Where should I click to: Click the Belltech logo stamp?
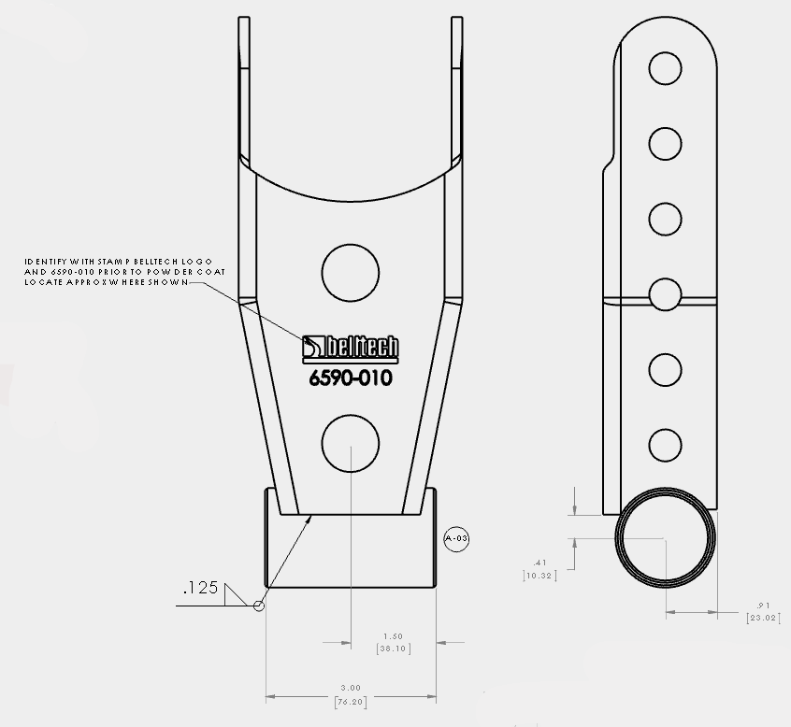[x=351, y=347]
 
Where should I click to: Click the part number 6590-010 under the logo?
[x=350, y=378]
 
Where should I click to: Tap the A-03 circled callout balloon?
[x=456, y=538]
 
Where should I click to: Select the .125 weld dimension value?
[x=200, y=588]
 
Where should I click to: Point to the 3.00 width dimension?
[x=351, y=688]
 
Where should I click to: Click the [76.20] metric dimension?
[x=351, y=700]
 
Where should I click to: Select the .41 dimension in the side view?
[x=539, y=563]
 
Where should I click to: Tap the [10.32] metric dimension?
[x=539, y=576]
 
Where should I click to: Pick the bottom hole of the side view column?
[x=665, y=444]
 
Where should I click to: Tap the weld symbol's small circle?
[x=259, y=606]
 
